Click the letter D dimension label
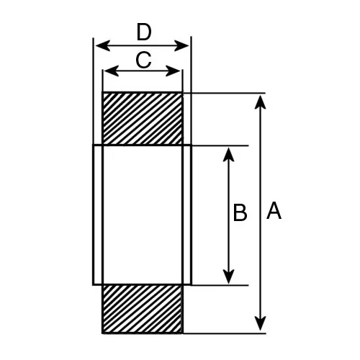coord(144,32)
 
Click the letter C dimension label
coord(143,60)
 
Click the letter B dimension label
coord(240,212)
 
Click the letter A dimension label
coord(274,210)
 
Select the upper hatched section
coord(143,119)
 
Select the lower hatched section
coord(142,309)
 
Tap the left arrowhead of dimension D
coord(103,45)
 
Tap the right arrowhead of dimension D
coord(181,45)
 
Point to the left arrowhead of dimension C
coord(112,71)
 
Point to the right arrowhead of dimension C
coord(173,71)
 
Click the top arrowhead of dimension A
coord(260,102)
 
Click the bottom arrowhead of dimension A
coord(260,323)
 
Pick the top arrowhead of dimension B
coord(228,155)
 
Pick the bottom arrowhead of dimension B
coord(228,276)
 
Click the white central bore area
coord(143,215)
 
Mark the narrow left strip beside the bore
coord(98,215)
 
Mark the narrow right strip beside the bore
coord(187,215)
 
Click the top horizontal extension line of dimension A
coord(224,93)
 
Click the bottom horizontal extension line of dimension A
coord(224,333)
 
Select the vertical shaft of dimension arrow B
coord(228,215)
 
